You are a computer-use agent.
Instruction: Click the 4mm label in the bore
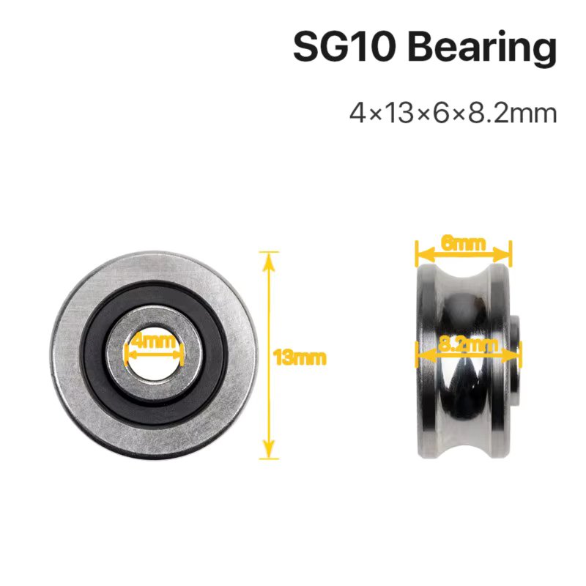(x=154, y=341)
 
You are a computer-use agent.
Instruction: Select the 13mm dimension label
(x=299, y=358)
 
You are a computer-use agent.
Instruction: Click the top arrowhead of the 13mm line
(x=270, y=257)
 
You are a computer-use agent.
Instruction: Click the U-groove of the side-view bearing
(x=461, y=396)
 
